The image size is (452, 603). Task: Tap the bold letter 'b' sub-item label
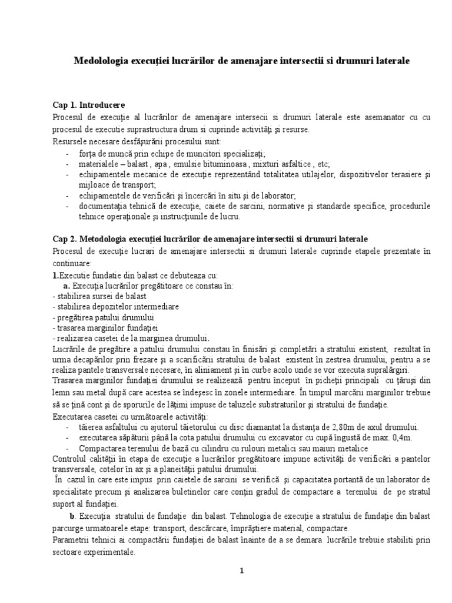(x=70, y=516)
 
